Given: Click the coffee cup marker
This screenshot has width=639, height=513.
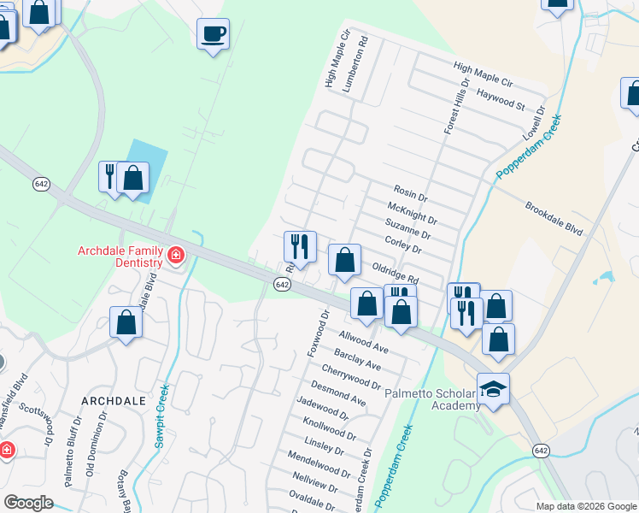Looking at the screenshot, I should click(213, 34).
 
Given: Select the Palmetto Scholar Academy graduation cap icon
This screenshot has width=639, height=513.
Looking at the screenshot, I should click(493, 389).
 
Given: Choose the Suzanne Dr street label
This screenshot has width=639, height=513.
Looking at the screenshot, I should click(407, 228).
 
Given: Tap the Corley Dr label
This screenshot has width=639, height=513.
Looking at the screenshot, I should click(404, 245).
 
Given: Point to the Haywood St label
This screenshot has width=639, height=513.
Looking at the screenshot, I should click(501, 99).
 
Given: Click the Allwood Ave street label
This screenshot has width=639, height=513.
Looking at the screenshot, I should click(363, 342).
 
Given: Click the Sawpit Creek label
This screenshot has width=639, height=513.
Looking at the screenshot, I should click(161, 416).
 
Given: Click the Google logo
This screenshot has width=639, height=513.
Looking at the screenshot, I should click(29, 503).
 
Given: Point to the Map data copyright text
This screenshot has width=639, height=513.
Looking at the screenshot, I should click(585, 506).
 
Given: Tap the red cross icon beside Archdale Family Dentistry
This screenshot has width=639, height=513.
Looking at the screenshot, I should click(176, 255).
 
